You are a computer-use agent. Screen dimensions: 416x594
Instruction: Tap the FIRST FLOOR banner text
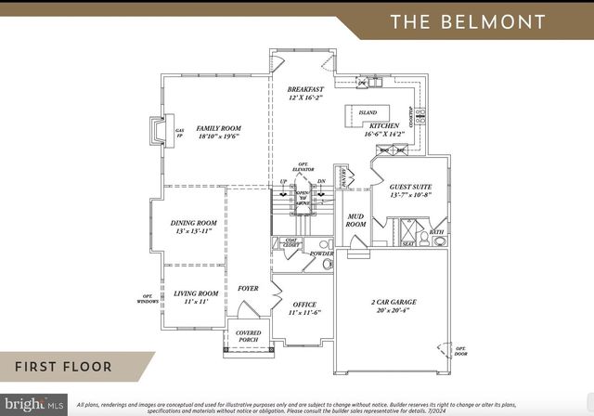[63, 367]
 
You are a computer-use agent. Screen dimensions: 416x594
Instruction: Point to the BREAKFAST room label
[305, 90]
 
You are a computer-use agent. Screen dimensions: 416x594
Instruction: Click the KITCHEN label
[384, 125]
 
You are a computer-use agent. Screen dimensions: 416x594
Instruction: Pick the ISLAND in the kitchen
[367, 112]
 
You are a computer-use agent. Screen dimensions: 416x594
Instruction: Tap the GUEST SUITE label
[410, 187]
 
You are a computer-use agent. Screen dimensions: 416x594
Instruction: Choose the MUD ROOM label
[355, 220]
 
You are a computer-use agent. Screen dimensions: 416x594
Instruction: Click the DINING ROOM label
[194, 223]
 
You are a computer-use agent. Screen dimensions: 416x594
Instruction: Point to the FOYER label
[248, 289]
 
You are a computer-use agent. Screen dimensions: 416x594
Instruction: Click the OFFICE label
[304, 304]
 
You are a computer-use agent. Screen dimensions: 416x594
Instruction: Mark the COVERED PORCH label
[248, 335]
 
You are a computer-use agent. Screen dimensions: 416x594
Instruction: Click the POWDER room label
[321, 253]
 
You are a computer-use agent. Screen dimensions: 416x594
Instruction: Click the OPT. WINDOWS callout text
[148, 299]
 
